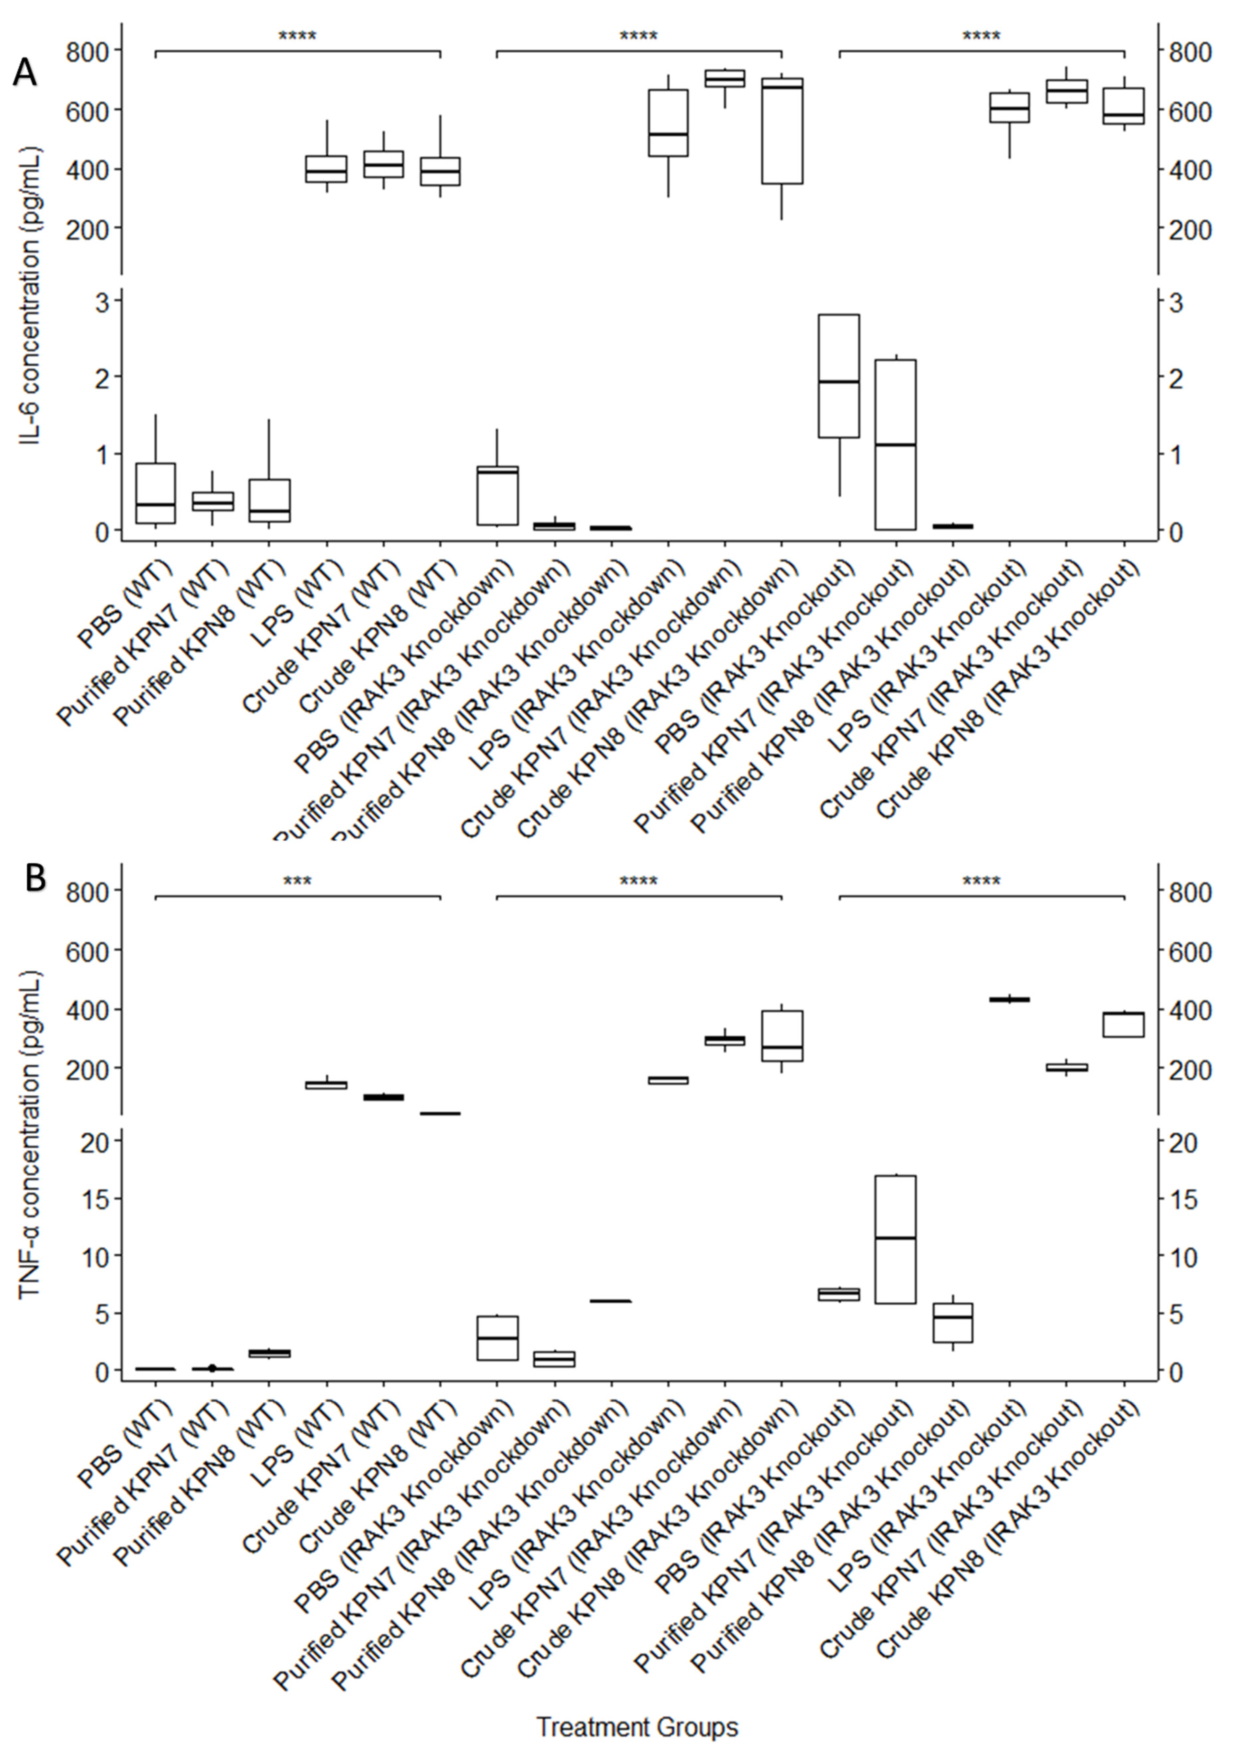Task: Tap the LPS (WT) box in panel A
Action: [327, 169]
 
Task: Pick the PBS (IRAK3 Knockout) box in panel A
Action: [839, 376]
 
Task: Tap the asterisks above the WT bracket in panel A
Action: [297, 36]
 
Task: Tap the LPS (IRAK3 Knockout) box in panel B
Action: [1010, 999]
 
